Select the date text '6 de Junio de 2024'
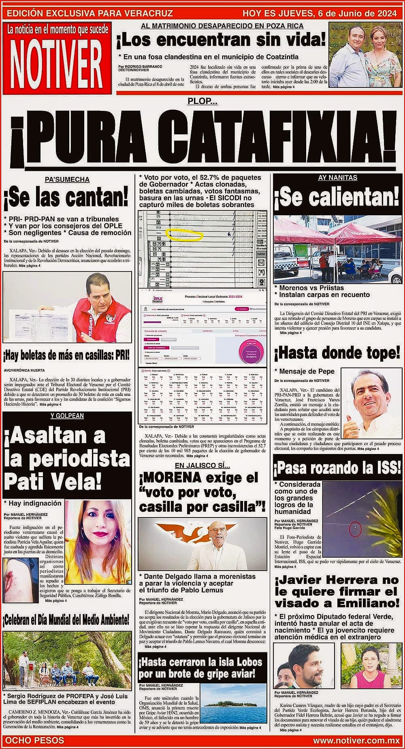click(x=356, y=13)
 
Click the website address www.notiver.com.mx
click(x=356, y=740)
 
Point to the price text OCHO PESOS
click(x=35, y=740)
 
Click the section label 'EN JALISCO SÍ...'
click(x=202, y=465)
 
